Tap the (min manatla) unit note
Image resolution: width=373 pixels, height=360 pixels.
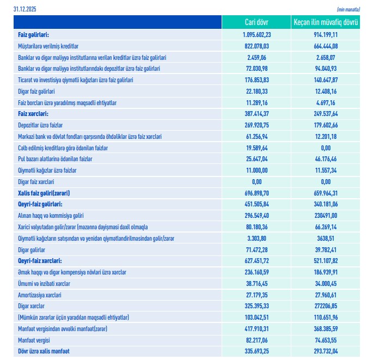(348, 10)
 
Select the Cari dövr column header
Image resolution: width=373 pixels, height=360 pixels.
(256, 22)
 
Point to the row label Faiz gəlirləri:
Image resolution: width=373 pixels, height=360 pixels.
(33, 34)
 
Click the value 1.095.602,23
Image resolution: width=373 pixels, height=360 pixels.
(256, 34)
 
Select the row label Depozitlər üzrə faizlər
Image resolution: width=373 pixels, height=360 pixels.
(41, 125)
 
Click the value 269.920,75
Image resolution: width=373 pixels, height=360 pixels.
(256, 125)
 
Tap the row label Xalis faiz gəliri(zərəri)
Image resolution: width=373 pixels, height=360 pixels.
(44, 193)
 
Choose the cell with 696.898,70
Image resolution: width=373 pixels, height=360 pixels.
(256, 193)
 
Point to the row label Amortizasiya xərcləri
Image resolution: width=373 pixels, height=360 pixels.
(40, 295)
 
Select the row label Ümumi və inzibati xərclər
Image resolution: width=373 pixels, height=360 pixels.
(44, 283)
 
